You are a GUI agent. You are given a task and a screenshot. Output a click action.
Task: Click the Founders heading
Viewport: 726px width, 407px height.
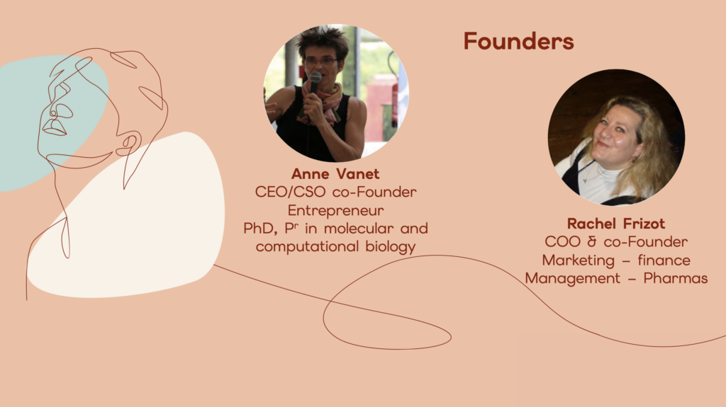click(x=518, y=41)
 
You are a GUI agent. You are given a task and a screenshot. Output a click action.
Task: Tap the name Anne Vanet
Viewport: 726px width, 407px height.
click(x=335, y=174)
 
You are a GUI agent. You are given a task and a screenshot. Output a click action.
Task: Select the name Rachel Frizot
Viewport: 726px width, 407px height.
click(x=616, y=224)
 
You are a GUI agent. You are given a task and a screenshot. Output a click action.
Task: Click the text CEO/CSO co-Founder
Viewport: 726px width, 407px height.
click(x=335, y=192)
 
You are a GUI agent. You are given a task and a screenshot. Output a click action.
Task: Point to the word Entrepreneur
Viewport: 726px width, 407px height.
click(x=335, y=210)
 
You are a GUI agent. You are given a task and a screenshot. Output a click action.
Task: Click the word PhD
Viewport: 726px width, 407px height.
click(x=260, y=229)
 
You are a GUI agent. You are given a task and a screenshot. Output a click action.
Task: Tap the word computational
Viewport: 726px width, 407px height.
click(x=307, y=246)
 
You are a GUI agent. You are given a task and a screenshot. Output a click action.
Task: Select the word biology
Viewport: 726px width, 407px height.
click(x=391, y=246)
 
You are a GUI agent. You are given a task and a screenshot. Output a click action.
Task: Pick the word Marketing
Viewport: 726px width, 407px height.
click(x=579, y=260)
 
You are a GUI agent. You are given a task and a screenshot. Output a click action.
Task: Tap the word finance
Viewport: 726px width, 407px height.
click(x=664, y=260)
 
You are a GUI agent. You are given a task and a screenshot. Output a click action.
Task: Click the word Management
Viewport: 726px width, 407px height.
click(x=572, y=278)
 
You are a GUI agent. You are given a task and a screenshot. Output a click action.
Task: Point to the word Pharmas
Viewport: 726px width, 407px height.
click(x=676, y=278)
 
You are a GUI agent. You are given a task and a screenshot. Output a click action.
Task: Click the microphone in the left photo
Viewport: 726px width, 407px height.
click(x=315, y=81)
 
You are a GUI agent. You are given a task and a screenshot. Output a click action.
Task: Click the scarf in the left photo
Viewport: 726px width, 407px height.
click(x=324, y=104)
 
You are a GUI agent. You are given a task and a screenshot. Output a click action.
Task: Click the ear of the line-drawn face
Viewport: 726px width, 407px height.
click(x=129, y=144)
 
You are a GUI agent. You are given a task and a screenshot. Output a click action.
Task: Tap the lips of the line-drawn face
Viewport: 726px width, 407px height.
click(x=54, y=127)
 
